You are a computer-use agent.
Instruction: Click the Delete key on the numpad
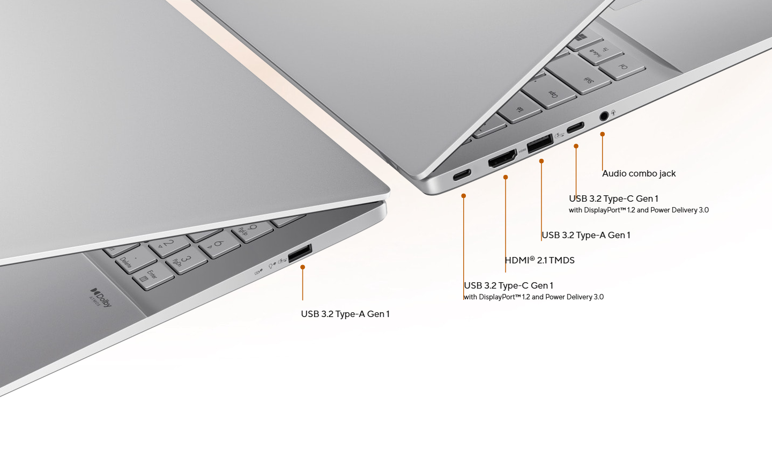[x=135, y=260]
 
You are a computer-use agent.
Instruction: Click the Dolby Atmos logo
[x=101, y=297]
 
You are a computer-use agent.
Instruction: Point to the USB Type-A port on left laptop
[x=300, y=253]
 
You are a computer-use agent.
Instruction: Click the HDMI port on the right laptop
[x=502, y=159]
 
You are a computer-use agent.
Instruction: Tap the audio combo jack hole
[x=604, y=116]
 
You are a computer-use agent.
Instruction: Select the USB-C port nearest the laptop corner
[x=462, y=175]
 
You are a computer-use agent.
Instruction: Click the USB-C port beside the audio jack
[x=576, y=127]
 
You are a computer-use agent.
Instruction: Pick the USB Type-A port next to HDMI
[x=540, y=143]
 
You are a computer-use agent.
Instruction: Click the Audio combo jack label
[x=639, y=173]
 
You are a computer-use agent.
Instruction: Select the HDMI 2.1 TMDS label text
[x=540, y=260]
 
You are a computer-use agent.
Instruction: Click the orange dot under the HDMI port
[x=506, y=177]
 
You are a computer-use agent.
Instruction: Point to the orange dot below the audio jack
[x=603, y=134]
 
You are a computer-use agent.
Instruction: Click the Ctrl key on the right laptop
[x=622, y=67]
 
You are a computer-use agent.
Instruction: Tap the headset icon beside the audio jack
[x=613, y=112]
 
